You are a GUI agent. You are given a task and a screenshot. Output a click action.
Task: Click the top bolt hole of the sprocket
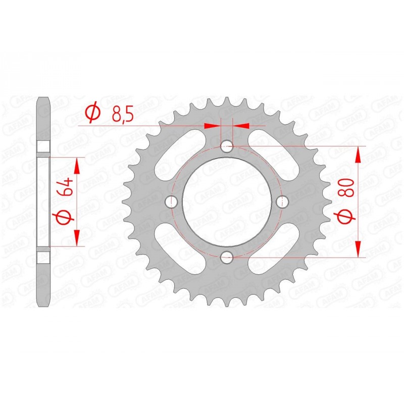(227, 146)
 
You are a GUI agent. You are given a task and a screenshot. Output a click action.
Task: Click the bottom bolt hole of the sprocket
(227, 257)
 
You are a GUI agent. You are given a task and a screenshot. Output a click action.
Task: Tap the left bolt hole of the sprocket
(172, 201)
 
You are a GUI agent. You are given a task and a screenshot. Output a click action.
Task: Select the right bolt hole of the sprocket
(282, 201)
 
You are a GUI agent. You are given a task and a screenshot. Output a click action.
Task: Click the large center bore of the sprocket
(227, 201)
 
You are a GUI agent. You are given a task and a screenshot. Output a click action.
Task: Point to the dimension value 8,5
(122, 115)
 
